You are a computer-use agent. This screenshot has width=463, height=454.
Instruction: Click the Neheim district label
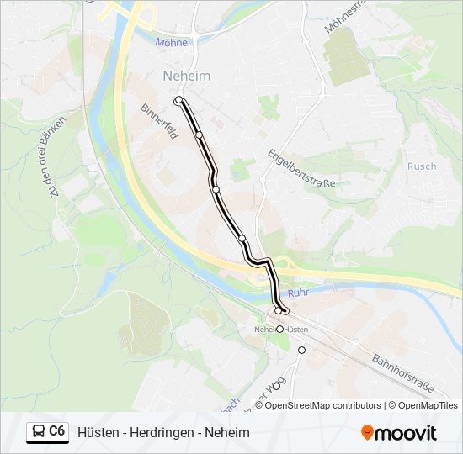click(x=186, y=77)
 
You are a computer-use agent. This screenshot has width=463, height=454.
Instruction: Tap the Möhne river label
click(x=172, y=42)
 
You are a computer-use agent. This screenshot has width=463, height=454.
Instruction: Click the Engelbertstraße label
click(x=301, y=167)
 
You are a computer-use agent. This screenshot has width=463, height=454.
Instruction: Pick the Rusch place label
click(x=422, y=166)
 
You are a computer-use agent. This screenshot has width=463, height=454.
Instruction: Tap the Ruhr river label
click(x=299, y=293)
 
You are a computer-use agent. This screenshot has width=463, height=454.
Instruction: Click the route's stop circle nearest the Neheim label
click(x=178, y=101)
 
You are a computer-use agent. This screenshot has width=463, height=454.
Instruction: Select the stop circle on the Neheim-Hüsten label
click(x=280, y=330)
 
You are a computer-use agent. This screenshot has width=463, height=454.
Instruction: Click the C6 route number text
click(x=57, y=431)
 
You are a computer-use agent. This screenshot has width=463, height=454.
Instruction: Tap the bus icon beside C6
click(x=39, y=432)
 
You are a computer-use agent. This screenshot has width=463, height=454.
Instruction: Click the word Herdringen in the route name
click(x=165, y=433)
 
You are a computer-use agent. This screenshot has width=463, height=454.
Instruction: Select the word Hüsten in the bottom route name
click(x=97, y=433)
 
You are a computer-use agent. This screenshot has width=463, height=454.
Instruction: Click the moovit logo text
click(x=407, y=433)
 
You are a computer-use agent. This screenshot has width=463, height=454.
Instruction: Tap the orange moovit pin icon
click(x=367, y=433)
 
